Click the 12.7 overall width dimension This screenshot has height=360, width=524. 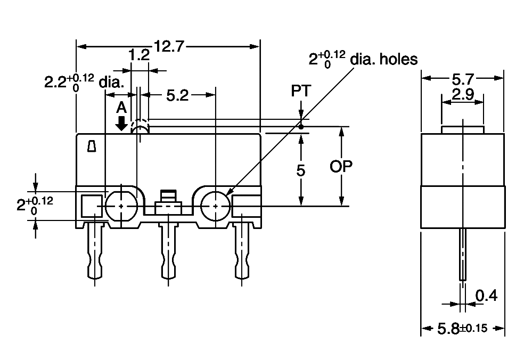click(169, 46)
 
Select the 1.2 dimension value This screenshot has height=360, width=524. click(139, 55)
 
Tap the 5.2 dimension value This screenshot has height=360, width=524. click(177, 96)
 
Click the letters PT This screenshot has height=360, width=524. click(301, 91)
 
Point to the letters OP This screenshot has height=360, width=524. click(341, 166)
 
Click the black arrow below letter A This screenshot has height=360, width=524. click(121, 124)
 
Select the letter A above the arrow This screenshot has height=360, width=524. click(121, 108)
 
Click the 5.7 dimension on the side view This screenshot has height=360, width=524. click(463, 79)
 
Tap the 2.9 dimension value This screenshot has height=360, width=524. click(463, 94)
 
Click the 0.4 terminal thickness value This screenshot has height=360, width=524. click(486, 296)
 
